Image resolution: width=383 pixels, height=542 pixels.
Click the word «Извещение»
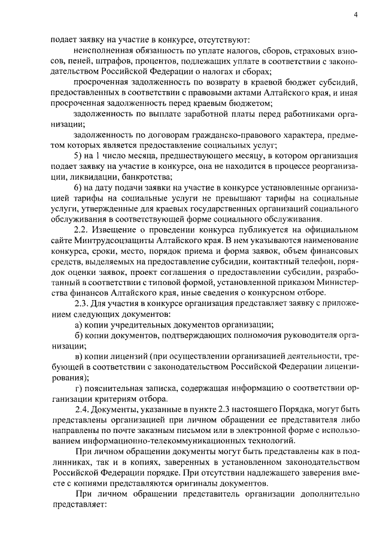(117, 231)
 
